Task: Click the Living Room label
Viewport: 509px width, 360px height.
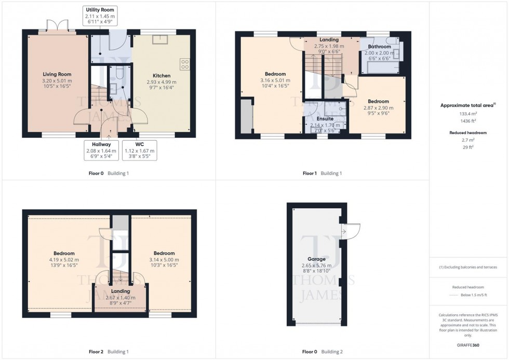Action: [57, 75]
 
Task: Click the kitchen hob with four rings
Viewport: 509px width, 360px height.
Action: [184, 64]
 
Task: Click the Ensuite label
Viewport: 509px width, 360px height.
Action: [326, 119]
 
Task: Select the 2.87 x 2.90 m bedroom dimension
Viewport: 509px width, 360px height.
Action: [378, 108]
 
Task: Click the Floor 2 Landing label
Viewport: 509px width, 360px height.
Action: [120, 291]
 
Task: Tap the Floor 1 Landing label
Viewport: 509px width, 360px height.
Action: [329, 40]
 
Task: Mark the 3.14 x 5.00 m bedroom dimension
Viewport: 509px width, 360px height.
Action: [164, 259]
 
